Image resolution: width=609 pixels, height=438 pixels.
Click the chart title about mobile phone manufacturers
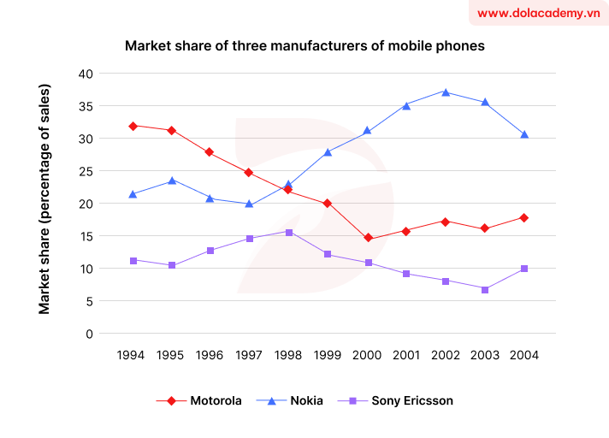point(304,46)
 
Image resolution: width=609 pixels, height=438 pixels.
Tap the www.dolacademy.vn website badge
point(538,14)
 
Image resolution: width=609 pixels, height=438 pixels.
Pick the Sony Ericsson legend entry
point(401,400)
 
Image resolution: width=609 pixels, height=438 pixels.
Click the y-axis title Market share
point(44,198)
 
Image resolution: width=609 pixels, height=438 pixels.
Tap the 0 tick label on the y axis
point(88,334)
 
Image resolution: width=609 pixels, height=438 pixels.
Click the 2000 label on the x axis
point(368,355)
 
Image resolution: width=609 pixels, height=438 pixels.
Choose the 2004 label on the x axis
point(523,355)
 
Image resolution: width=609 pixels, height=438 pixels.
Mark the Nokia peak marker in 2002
point(446,92)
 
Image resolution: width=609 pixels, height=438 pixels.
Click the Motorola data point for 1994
point(133,126)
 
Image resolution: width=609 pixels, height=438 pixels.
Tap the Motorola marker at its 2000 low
point(368,239)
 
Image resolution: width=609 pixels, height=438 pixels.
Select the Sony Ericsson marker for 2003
point(485,290)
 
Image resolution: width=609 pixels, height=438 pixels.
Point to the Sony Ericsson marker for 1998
point(289,232)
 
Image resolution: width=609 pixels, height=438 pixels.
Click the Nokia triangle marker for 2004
point(523,134)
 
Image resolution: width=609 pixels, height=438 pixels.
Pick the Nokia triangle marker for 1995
point(172,181)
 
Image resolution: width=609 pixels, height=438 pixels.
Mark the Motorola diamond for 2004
point(523,218)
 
